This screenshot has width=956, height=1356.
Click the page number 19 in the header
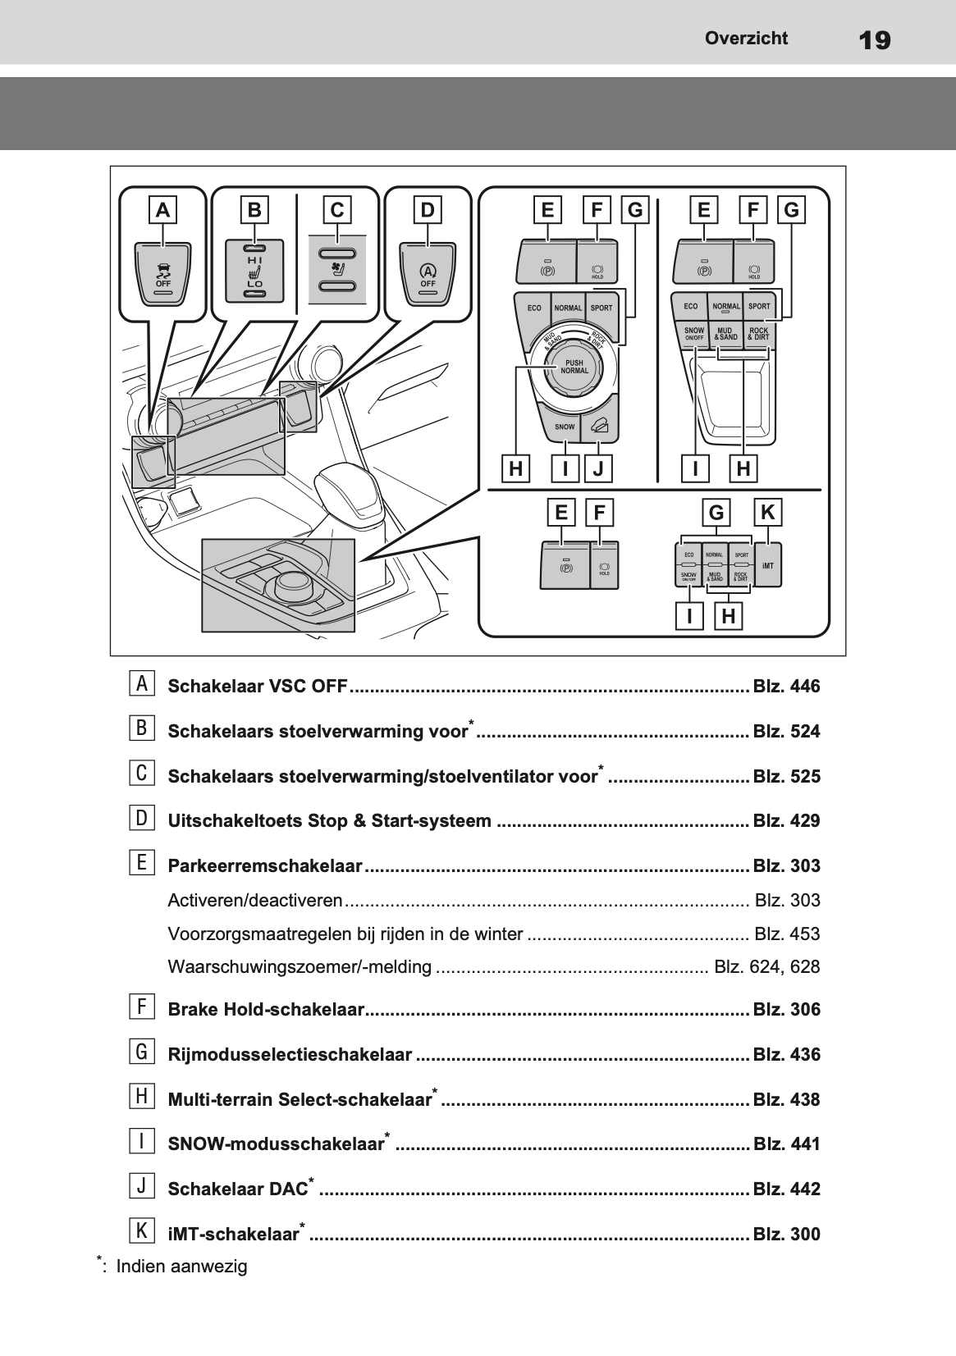point(875,39)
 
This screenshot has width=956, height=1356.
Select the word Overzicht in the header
point(746,38)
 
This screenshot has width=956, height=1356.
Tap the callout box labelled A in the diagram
point(163,211)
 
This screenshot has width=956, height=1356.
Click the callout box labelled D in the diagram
point(427,211)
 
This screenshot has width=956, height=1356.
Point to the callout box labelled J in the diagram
point(598,469)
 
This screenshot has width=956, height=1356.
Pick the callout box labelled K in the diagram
point(767,513)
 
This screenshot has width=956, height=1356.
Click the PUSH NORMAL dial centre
point(574,367)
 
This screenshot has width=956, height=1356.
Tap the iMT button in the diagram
point(767,566)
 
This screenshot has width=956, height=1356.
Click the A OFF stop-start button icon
point(428,274)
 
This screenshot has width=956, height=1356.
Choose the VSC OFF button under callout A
point(163,274)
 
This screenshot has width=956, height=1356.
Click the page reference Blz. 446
point(786,687)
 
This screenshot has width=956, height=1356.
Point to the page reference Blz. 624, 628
point(767,967)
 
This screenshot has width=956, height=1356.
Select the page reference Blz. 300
point(786,1235)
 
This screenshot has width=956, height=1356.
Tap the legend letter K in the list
point(142,1230)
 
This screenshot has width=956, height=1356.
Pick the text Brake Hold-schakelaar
point(265,1010)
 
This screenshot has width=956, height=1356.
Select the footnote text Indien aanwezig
point(181,1267)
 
